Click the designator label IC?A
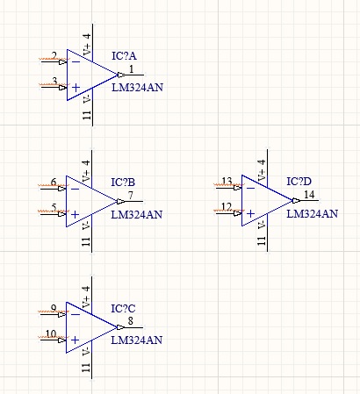pos(124,55)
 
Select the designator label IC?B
pos(123,183)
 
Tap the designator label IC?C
pos(123,309)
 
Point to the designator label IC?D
pos(299,182)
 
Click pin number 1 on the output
pos(131,69)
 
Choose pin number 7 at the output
pos(131,195)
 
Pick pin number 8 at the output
pos(131,321)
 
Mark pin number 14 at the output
pos(309,195)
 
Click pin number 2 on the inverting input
pos(54,55)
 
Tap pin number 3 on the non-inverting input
pos(54,81)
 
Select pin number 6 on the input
pos(54,182)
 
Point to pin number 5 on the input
pos(54,207)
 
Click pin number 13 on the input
pos(227,181)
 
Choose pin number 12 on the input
pos(227,207)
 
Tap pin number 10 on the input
pos(51,333)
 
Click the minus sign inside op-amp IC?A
pos(76,61)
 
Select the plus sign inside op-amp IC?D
pos(250,214)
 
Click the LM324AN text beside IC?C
pos(137,340)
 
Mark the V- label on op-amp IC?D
pos(262,225)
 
